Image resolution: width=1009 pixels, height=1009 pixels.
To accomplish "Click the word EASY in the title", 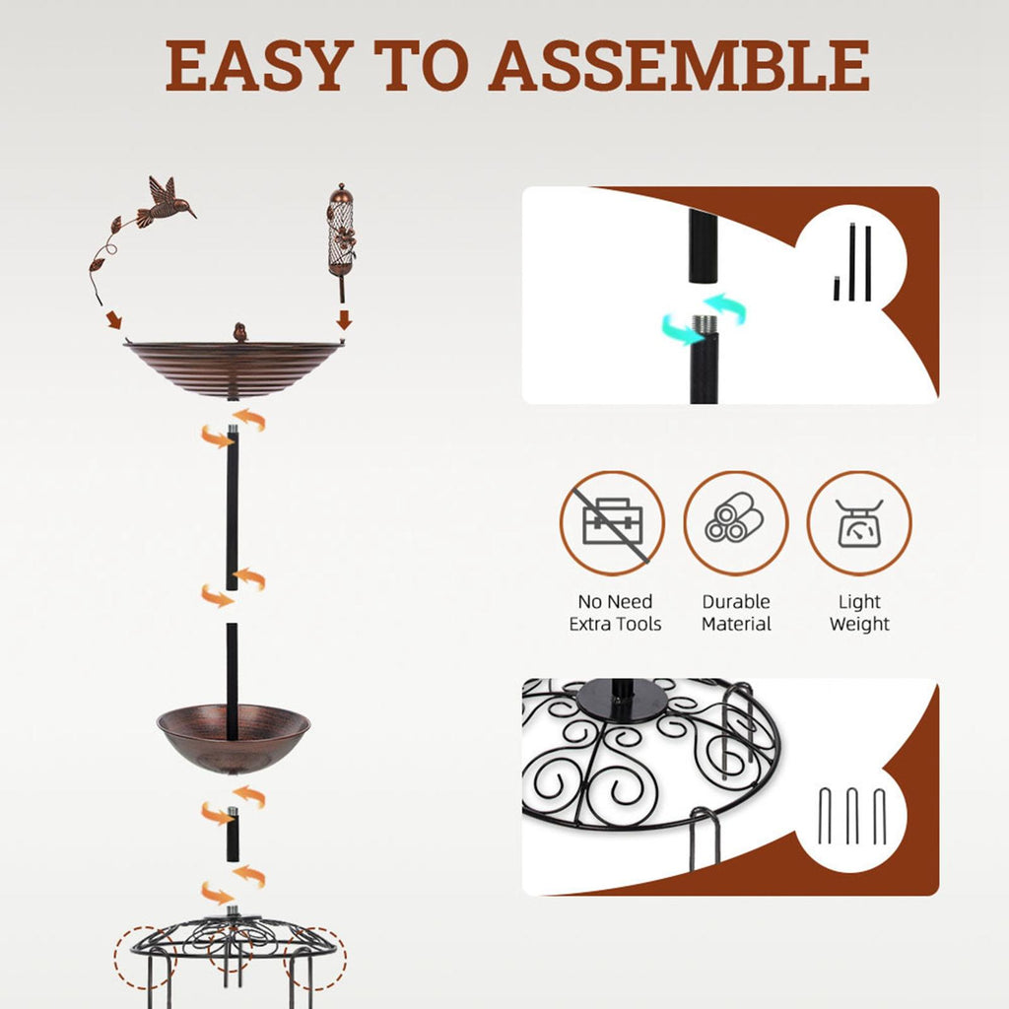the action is (260, 66).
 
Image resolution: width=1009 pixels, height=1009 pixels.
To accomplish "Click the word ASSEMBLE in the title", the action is (679, 66).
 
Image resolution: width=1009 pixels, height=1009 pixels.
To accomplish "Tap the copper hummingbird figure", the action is (166, 201).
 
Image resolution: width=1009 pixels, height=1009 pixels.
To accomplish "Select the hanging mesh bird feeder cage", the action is (341, 233).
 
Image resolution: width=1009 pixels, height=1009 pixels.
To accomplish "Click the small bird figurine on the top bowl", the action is (240, 332).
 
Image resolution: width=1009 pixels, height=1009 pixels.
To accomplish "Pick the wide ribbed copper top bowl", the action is (234, 370).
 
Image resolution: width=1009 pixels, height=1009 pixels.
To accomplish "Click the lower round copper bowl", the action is (234, 739).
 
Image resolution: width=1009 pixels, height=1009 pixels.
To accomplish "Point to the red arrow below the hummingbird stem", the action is (114, 319).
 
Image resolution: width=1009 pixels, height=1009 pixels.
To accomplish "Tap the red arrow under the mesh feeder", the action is (344, 319).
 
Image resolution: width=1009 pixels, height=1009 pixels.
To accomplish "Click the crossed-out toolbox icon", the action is (612, 523).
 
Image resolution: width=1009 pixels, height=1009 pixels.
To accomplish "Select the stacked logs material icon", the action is (735, 523).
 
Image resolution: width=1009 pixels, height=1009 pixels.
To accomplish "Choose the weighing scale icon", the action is (859, 523).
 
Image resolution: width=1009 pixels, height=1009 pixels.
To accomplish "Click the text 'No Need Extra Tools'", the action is (615, 613).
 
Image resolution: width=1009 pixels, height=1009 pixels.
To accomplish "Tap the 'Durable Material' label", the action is (736, 613).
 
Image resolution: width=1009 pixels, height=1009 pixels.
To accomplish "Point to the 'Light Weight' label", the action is (859, 613).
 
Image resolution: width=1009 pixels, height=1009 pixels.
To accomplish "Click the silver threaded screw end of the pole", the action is (704, 323).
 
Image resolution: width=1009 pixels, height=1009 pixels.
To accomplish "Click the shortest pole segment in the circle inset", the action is (837, 289).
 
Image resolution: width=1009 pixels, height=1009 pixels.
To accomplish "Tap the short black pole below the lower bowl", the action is (233, 835).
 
